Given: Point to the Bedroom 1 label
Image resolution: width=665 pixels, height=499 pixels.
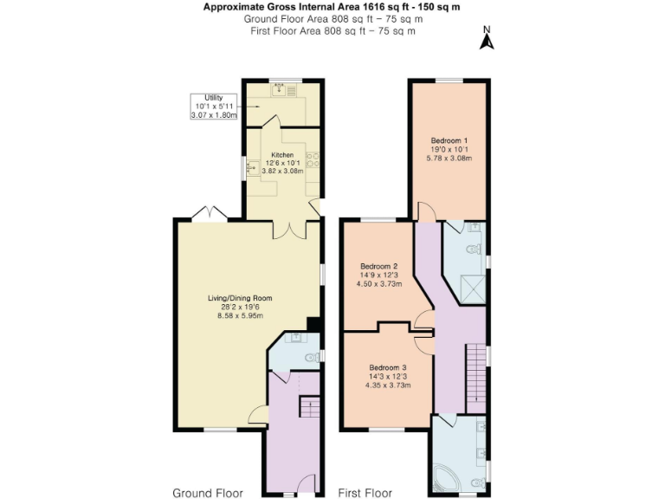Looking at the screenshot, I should click(x=449, y=150).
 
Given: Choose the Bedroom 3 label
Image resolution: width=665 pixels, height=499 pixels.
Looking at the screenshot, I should click(x=387, y=376).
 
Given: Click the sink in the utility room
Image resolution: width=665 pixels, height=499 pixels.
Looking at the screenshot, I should click(x=280, y=88).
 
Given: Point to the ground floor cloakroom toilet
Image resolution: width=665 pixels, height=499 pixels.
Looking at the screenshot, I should click(x=309, y=356).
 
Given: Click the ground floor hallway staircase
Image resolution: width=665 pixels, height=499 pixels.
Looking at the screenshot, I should click(x=308, y=405).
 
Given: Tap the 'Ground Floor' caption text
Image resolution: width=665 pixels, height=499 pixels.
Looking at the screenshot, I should click(x=208, y=492).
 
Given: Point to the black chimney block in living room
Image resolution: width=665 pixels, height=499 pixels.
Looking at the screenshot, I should click(x=315, y=325).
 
